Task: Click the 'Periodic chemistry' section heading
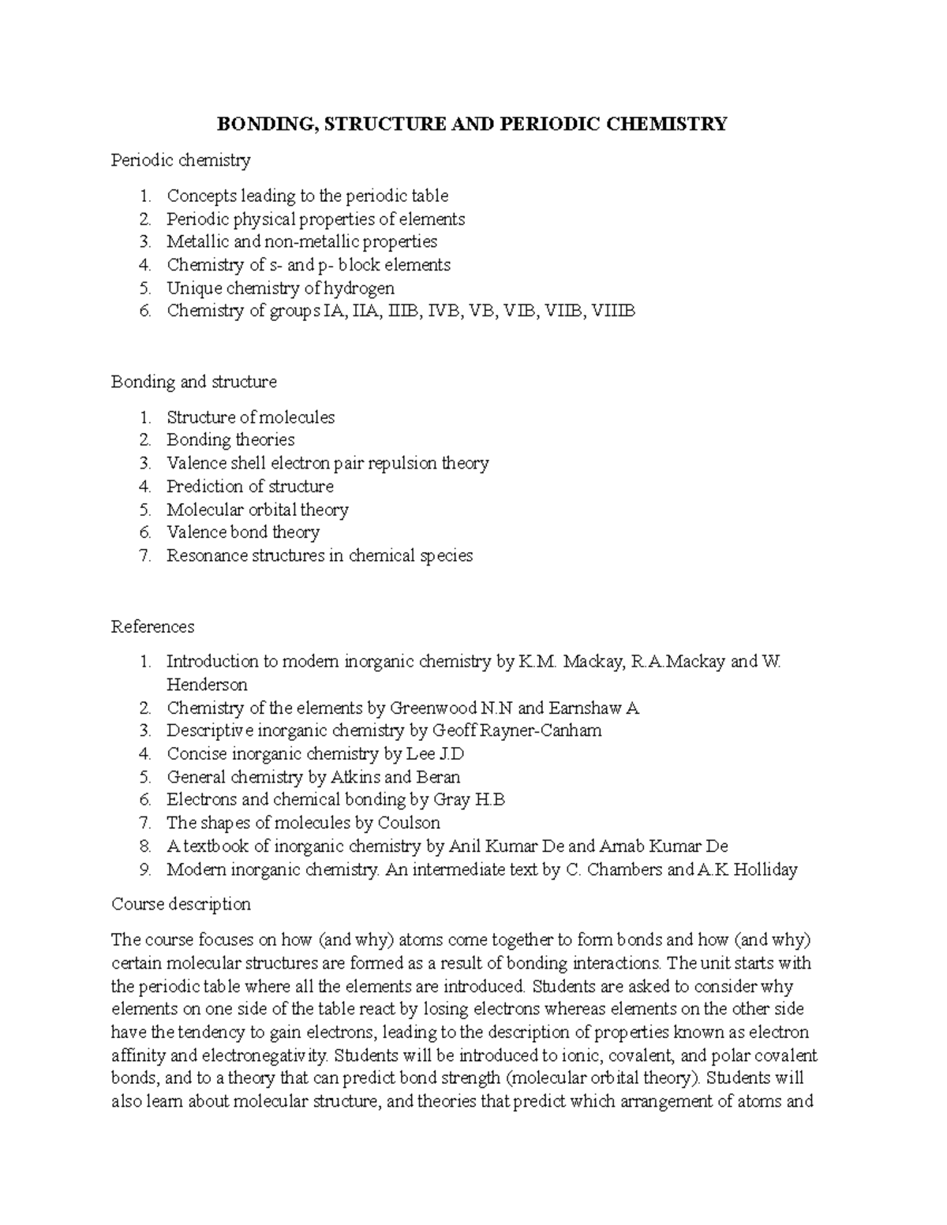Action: click(181, 161)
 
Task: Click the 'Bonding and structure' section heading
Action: click(193, 382)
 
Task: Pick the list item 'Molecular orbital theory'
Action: click(257, 510)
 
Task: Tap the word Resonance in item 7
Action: click(207, 555)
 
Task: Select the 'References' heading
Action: click(152, 627)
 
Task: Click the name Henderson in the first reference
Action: click(207, 685)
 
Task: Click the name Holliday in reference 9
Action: click(765, 869)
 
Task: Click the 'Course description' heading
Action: click(181, 904)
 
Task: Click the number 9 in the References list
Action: click(144, 869)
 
